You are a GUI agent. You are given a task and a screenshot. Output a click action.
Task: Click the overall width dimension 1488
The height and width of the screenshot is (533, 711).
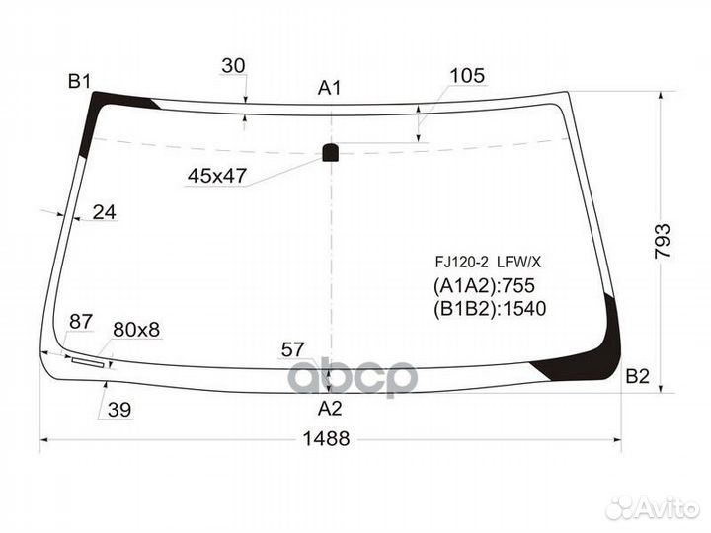pyautogui.click(x=325, y=440)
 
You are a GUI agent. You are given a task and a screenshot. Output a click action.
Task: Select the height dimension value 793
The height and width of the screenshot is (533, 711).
pyautogui.click(x=663, y=240)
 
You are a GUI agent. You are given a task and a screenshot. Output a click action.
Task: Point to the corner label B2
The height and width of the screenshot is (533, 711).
pyautogui.click(x=637, y=376)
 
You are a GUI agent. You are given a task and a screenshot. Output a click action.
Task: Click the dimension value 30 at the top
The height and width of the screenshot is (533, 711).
pyautogui.click(x=233, y=66)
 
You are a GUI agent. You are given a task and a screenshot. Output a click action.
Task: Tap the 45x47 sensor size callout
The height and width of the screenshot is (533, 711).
pyautogui.click(x=216, y=177)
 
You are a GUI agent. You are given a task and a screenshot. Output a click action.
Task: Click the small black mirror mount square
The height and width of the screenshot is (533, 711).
pyautogui.click(x=330, y=152)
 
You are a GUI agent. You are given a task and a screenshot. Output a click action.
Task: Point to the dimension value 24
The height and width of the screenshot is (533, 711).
pyautogui.click(x=104, y=211)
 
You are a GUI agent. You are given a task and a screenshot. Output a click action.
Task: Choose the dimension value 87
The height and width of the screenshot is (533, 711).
pyautogui.click(x=82, y=322)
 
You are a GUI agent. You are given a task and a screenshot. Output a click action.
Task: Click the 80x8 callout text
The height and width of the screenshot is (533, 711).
pyautogui.click(x=136, y=329)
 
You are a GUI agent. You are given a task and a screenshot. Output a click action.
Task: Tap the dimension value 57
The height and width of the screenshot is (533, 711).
pyautogui.click(x=292, y=348)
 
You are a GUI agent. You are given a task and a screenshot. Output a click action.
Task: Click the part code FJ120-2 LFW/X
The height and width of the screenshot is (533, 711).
pyautogui.click(x=489, y=263)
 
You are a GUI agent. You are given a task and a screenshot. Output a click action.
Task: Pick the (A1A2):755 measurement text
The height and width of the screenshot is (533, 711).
pyautogui.click(x=483, y=286)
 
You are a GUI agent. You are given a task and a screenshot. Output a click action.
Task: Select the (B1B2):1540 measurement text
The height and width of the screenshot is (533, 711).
pyautogui.click(x=489, y=308)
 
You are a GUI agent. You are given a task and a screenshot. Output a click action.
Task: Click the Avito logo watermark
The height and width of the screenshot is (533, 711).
pyautogui.click(x=653, y=507)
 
